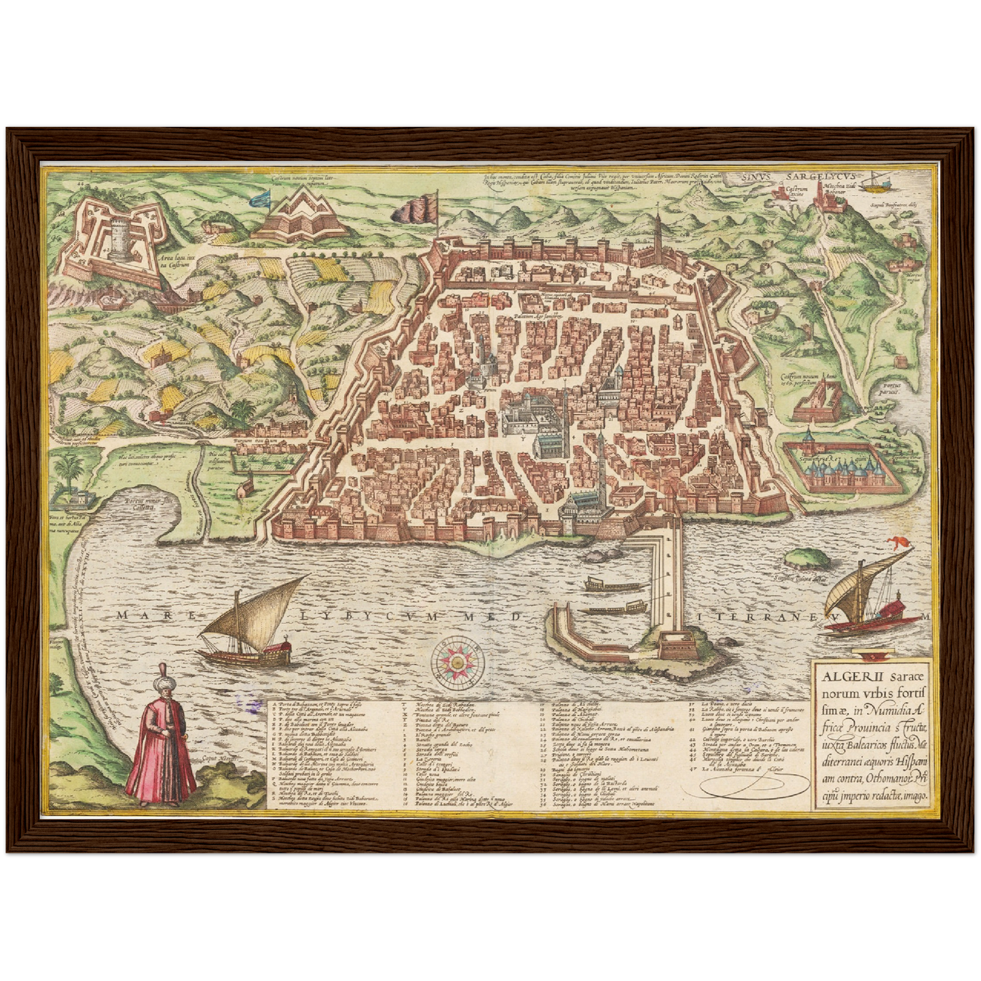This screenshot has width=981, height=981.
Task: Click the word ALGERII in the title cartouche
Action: (x=846, y=676)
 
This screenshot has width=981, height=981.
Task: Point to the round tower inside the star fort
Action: (x=122, y=240)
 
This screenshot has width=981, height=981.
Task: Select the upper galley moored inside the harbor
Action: (x=612, y=584)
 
